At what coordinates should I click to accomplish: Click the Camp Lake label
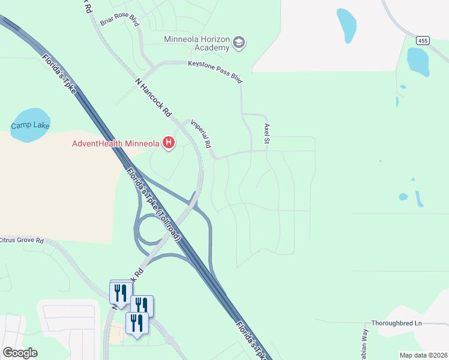click(x=30, y=126)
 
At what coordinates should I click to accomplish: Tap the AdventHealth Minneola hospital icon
click(x=169, y=143)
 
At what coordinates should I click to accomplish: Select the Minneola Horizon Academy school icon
click(x=239, y=42)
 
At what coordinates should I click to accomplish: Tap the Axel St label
click(x=266, y=134)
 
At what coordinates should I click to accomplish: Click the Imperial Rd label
click(x=202, y=134)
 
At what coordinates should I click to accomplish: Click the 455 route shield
click(x=423, y=40)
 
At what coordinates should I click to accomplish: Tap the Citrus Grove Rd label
click(x=22, y=241)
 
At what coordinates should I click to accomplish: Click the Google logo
click(x=20, y=353)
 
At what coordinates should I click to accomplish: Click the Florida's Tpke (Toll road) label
click(x=153, y=204)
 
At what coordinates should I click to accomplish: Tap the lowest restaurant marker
click(x=137, y=324)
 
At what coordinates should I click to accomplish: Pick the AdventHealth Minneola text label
click(x=115, y=143)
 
